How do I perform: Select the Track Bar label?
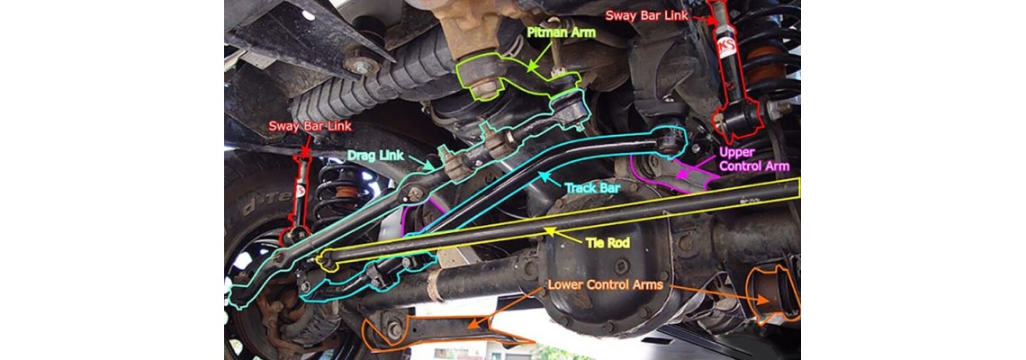(592, 188)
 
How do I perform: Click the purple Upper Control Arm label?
(754, 159)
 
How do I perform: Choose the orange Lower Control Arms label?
(606, 284)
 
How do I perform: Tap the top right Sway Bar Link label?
(646, 15)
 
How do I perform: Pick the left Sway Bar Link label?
(310, 126)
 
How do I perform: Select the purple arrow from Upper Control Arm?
(697, 166)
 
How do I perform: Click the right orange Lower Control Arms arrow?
(715, 293)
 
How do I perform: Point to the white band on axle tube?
(433, 287)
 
